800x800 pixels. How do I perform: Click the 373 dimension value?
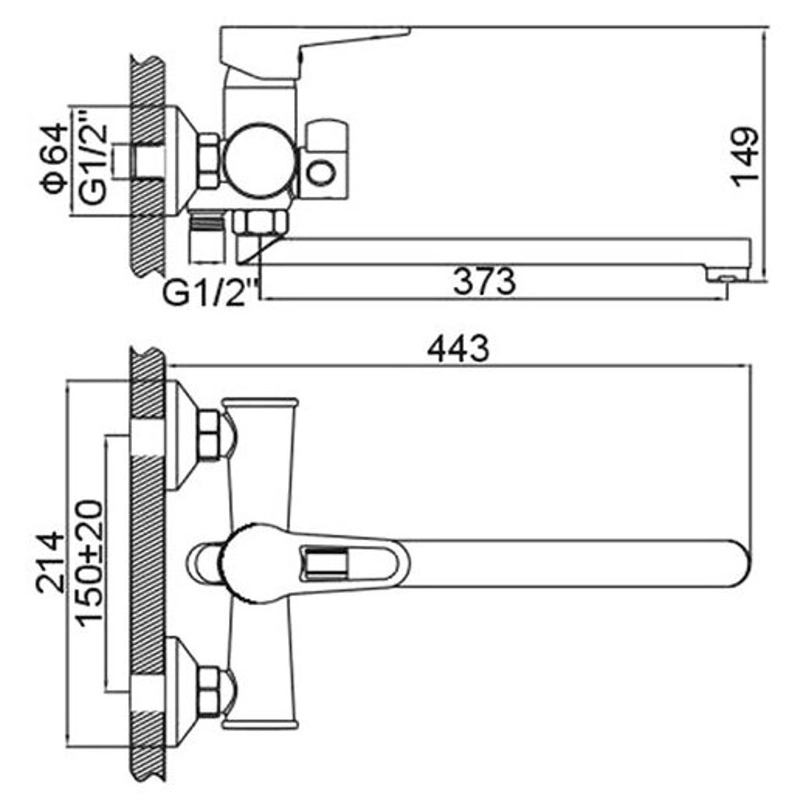click(485, 281)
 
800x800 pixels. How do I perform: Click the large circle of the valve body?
click(259, 160)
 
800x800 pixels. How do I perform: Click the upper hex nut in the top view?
click(209, 435)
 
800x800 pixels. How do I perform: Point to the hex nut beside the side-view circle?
click(209, 160)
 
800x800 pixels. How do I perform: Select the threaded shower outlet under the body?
click(207, 237)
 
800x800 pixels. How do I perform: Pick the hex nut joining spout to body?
click(260, 223)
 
